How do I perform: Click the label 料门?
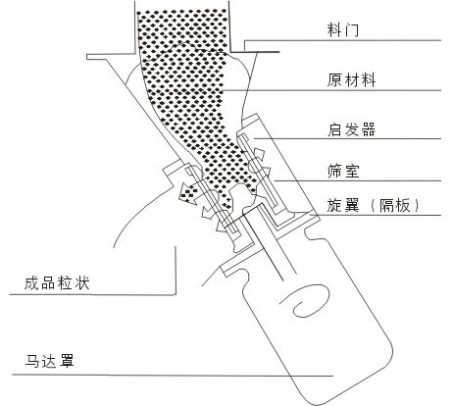(x=343, y=29)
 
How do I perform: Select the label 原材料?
(x=351, y=79)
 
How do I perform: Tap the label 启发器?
(x=351, y=129)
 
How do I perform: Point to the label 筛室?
(x=343, y=171)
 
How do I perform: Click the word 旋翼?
(x=343, y=206)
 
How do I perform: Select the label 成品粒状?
(x=57, y=283)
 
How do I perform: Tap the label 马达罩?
(x=49, y=361)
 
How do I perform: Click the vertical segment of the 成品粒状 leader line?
(x=176, y=271)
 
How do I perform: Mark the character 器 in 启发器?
(x=368, y=129)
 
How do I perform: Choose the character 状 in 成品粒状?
(x=81, y=283)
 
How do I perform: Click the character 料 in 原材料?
(x=368, y=79)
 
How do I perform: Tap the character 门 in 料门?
(x=351, y=29)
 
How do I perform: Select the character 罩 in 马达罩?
(x=67, y=361)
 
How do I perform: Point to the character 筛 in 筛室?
(x=335, y=171)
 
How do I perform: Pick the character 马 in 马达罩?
(x=32, y=361)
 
